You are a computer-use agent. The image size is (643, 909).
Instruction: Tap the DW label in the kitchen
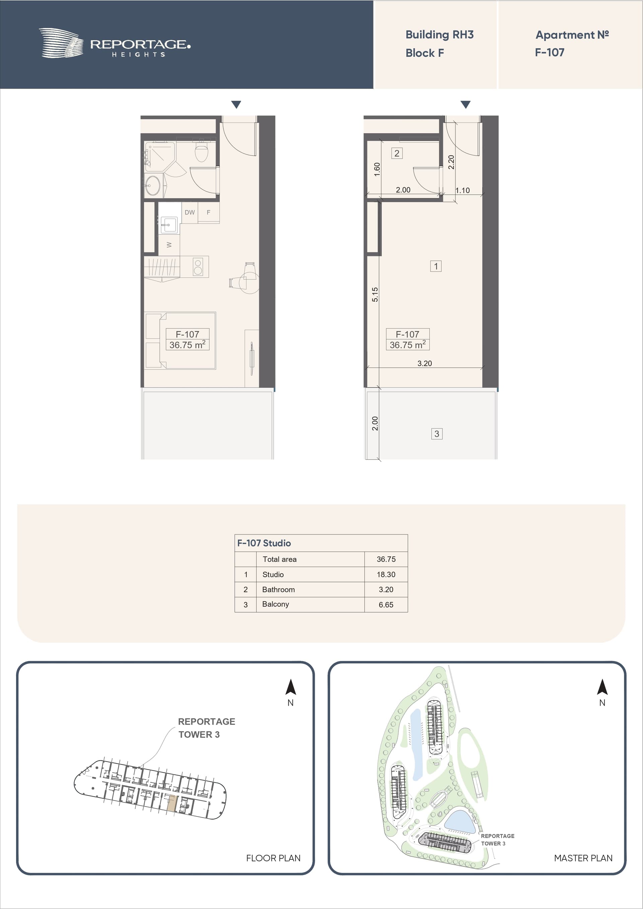coord(190,213)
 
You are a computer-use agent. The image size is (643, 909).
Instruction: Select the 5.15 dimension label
coord(375,295)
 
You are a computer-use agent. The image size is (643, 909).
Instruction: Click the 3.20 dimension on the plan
coord(425,363)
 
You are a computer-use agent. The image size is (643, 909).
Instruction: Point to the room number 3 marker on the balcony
coord(437,434)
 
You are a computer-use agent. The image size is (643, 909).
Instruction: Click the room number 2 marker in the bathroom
coord(397,153)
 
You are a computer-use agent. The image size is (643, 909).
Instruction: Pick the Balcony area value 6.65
coord(386,604)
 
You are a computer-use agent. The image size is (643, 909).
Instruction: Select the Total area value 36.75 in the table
coord(386,559)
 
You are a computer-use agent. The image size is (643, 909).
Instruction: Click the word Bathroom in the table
coord(279,589)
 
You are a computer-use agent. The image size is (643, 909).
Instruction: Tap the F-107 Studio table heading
coord(264,543)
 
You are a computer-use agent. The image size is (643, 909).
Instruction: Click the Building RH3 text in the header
coord(439,35)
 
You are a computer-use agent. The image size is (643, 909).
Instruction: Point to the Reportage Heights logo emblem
coord(61,43)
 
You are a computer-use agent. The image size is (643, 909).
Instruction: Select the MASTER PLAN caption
coord(583,858)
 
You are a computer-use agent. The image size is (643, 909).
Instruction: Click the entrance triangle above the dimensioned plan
coord(466,104)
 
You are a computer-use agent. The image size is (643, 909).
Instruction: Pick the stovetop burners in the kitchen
coord(198,266)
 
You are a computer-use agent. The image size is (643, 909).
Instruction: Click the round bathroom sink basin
coord(152,185)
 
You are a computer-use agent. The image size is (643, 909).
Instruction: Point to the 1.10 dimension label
coord(462,190)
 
